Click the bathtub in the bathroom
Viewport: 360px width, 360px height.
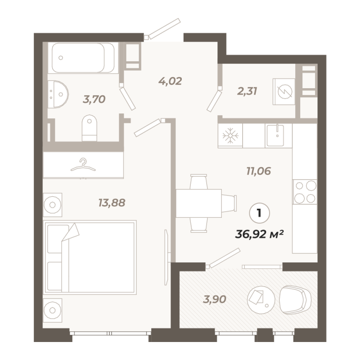[83, 58]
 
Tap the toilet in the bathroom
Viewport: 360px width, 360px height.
[90, 128]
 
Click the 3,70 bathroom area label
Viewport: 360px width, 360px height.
[94, 99]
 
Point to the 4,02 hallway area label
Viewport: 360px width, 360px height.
[170, 81]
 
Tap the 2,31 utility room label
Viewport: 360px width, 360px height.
[247, 91]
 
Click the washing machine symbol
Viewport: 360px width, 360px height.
[284, 92]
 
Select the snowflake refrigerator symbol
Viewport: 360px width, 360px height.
[230, 135]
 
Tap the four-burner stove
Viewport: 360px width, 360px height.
[305, 192]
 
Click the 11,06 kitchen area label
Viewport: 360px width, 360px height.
[259, 171]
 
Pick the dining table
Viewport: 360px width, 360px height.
[199, 203]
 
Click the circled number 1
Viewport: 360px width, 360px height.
[260, 213]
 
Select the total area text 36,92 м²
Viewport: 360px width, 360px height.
[260, 234]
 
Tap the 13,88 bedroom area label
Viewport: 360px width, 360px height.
[112, 203]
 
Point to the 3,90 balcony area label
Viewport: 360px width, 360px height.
[215, 299]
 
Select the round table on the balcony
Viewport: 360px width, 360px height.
[261, 298]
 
